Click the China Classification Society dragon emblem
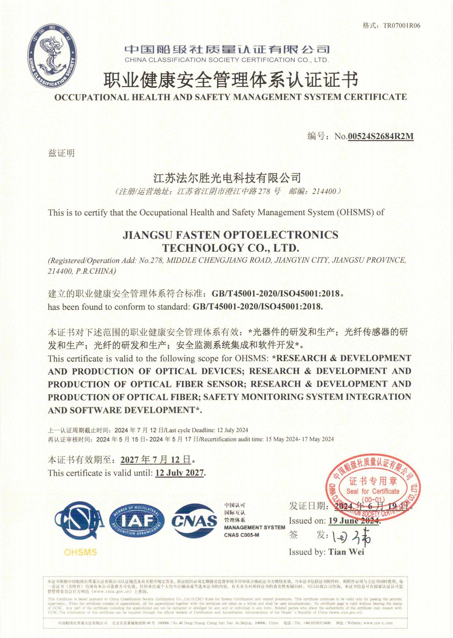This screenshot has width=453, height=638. pyautogui.click(x=52, y=56)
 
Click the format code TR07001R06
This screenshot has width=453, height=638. pyautogui.click(x=401, y=26)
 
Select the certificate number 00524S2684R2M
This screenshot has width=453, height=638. pyautogui.click(x=381, y=136)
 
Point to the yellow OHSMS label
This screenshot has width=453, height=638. pyautogui.click(x=80, y=552)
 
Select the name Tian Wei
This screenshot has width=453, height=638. pyautogui.click(x=346, y=552)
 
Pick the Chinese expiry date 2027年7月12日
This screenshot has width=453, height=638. pyautogui.click(x=156, y=459)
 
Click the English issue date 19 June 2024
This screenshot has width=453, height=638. pyautogui.click(x=354, y=521)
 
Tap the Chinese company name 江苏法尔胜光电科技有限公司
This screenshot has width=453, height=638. pyautogui.click(x=227, y=177)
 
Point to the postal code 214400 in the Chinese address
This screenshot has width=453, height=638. pyautogui.click(x=324, y=191)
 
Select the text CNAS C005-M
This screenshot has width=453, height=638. pyautogui.click(x=242, y=535)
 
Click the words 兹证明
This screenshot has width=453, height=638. pyautogui.click(x=61, y=153)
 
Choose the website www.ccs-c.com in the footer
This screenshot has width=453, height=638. pyautogui.click(x=378, y=623)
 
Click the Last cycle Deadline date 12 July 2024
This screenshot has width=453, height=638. pyautogui.click(x=232, y=430)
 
